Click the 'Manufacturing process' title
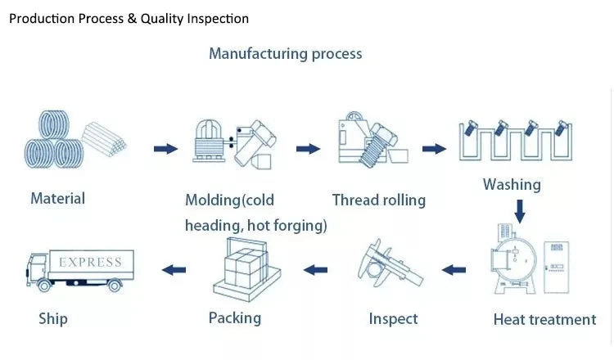[285, 54]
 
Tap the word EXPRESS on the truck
[90, 262]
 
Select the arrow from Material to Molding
[165, 149]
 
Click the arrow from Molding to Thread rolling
[308, 149]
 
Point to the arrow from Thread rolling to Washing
[434, 149]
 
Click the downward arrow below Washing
[520, 211]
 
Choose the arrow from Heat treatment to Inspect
[454, 270]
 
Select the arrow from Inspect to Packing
[315, 270]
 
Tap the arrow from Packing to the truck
[174, 270]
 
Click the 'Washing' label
[512, 185]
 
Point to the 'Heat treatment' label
[544, 320]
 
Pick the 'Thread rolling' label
[379, 200]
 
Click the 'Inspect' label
[393, 319]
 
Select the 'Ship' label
[53, 319]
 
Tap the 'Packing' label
[235, 318]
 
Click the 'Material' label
[57, 198]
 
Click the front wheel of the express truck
[44, 286]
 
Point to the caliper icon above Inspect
[391, 263]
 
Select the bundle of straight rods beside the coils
[104, 139]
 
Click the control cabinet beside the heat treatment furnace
[557, 268]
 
